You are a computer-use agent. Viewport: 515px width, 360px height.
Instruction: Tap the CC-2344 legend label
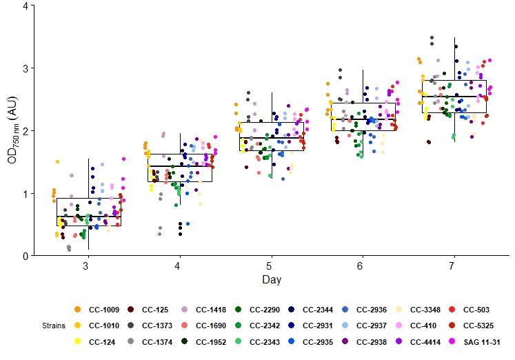318,309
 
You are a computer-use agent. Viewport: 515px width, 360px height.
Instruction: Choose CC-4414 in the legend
425,341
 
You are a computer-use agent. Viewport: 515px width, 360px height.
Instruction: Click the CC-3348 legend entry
425,309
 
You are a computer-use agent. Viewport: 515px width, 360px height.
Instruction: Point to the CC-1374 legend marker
131,341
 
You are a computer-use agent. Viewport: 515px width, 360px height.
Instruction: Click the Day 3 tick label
85,266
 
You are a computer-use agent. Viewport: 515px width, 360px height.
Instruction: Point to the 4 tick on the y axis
25,6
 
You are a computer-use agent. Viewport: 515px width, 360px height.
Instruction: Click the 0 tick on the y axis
25,256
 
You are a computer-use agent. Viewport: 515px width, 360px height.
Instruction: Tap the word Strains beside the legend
54,325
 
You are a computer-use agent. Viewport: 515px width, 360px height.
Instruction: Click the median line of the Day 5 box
270,138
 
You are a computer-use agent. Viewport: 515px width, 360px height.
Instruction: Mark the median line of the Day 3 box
89,217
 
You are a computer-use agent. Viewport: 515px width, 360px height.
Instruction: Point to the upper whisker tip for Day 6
363,70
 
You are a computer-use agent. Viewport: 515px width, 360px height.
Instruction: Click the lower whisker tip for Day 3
89,249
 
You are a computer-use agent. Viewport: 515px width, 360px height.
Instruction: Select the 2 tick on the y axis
25,130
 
